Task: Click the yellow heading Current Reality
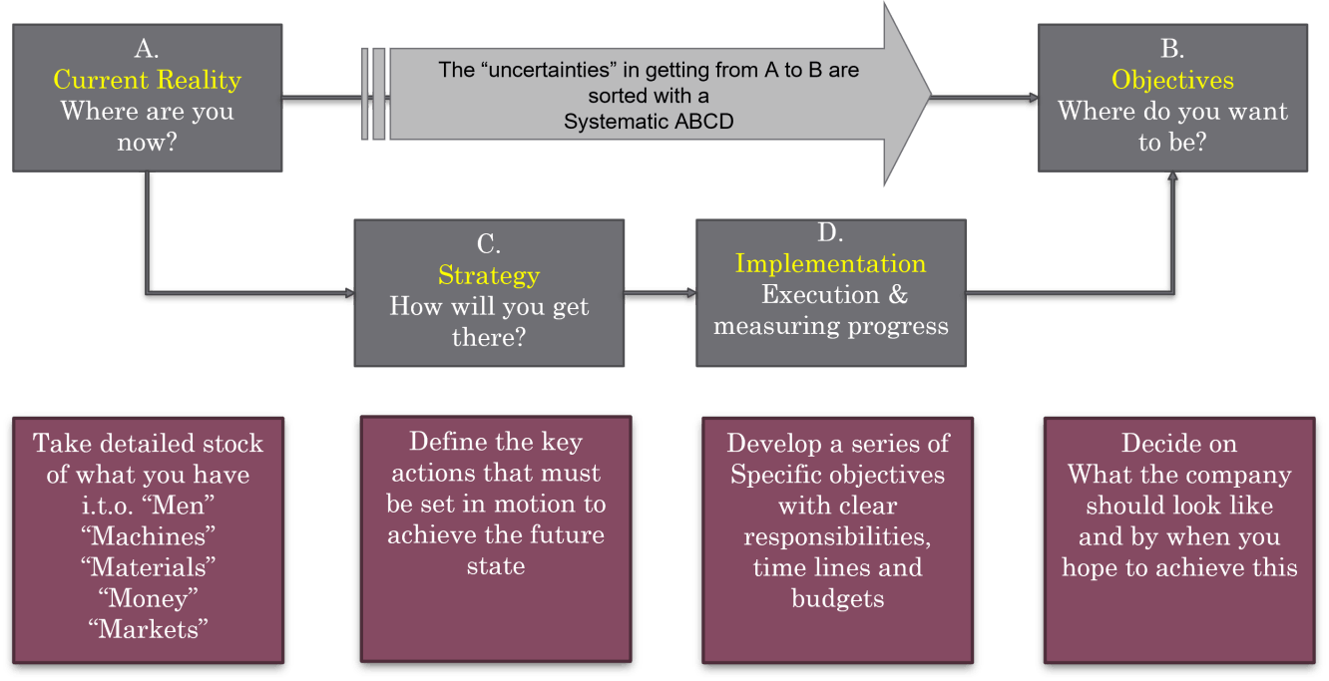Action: (147, 81)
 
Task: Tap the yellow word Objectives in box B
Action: (1172, 80)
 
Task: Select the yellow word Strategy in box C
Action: (489, 276)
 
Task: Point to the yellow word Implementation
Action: (830, 264)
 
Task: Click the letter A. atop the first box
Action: (147, 49)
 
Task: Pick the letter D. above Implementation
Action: (830, 232)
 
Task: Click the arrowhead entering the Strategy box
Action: (349, 293)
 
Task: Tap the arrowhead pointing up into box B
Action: (1172, 176)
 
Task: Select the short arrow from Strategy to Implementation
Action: (660, 292)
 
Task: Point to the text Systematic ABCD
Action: (649, 122)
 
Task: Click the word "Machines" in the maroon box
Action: (148, 536)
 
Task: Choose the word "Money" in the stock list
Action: (148, 598)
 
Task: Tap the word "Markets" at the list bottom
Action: (148, 629)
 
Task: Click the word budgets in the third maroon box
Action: (837, 599)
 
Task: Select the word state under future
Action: (496, 566)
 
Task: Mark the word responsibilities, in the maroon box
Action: (837, 537)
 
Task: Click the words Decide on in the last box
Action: (1179, 444)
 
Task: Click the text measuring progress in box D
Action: (830, 327)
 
